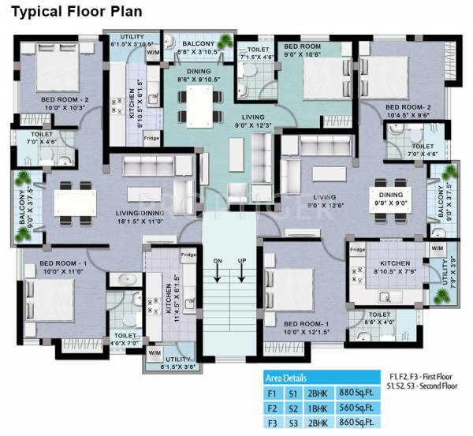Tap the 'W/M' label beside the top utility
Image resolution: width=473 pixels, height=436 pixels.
point(153,53)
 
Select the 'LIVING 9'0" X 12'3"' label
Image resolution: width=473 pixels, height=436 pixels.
point(236,121)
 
